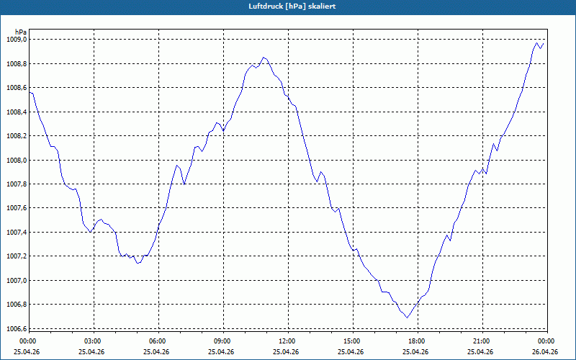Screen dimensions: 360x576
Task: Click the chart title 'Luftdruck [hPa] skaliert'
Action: [x=287, y=6]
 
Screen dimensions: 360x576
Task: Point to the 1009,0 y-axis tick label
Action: [x=15, y=40]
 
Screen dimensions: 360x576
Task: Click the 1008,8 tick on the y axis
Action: [x=15, y=64]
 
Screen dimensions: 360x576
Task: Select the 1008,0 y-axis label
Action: [x=15, y=160]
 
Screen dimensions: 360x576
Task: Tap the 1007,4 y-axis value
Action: [x=15, y=233]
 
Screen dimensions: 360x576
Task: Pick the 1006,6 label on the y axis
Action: [x=15, y=328]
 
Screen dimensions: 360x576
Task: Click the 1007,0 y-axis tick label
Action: [x=15, y=280]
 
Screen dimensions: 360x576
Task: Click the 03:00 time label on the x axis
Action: [x=93, y=341]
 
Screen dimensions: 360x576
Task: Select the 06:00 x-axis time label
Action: [x=158, y=341]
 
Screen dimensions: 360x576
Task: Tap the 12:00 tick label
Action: [x=287, y=341]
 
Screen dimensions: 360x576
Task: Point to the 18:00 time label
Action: [x=417, y=341]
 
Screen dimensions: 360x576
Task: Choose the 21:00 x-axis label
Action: [x=482, y=341]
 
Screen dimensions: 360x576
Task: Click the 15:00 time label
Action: [x=352, y=341]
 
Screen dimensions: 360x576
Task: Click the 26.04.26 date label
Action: [x=545, y=351]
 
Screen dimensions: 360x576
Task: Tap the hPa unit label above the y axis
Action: [x=21, y=32]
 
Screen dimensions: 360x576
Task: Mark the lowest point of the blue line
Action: [x=407, y=318]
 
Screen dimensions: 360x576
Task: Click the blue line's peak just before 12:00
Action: [x=264, y=57]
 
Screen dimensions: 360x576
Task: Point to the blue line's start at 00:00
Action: [x=30, y=93]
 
